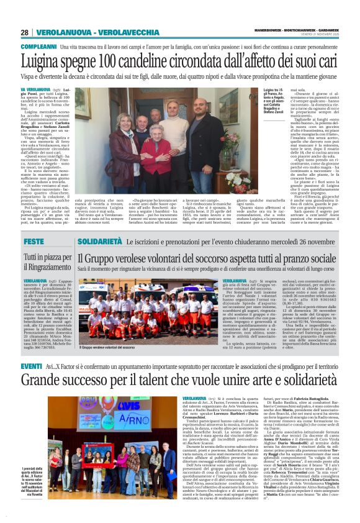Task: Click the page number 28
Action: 25,32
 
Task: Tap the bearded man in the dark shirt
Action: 200,134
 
